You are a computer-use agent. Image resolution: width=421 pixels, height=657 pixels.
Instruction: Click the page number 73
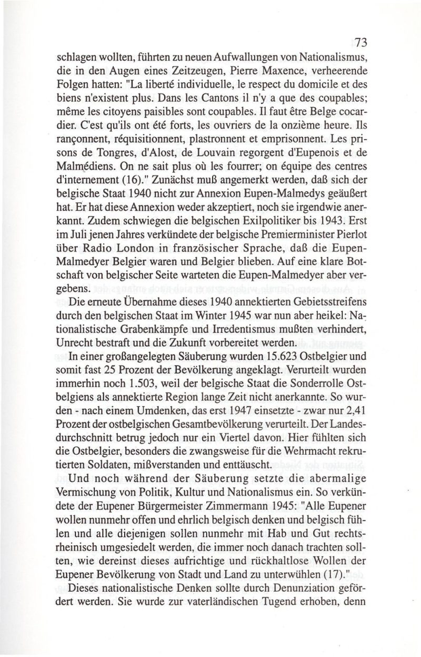point(362,43)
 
